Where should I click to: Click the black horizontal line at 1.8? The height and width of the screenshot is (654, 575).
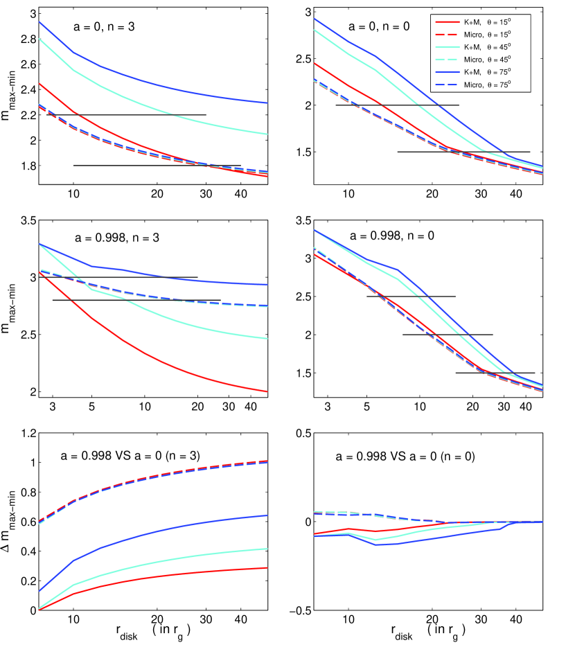(157, 166)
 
